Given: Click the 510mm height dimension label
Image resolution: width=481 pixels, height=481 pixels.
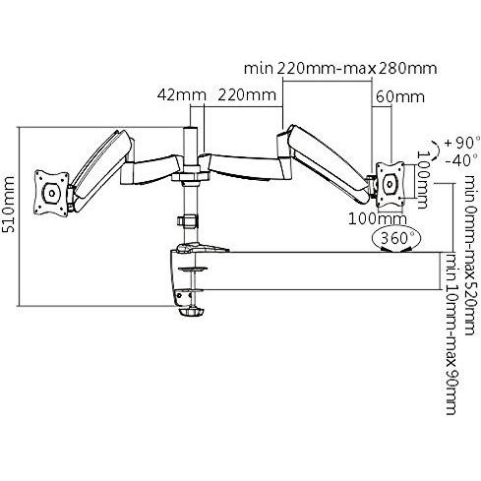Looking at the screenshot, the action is click(x=9, y=205).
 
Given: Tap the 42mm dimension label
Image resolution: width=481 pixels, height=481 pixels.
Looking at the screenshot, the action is click(x=182, y=95).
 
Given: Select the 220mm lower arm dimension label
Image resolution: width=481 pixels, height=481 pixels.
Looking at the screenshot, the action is click(x=247, y=95).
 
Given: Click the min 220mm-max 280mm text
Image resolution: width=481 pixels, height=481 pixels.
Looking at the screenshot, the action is click(x=340, y=69).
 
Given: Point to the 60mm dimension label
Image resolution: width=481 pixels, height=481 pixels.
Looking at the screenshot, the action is click(x=400, y=97).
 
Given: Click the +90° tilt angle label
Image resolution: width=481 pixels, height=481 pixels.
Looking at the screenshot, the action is click(x=462, y=143).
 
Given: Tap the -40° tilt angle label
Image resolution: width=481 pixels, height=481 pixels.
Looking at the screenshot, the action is click(x=461, y=160).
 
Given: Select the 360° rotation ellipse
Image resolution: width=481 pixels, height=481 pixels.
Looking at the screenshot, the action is click(x=396, y=239).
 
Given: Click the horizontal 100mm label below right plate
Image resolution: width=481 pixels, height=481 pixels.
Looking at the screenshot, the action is click(x=378, y=218).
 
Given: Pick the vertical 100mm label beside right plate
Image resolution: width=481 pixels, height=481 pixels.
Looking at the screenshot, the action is click(x=422, y=180).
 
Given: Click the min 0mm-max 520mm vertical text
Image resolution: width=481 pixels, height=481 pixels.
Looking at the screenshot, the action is click(x=470, y=255).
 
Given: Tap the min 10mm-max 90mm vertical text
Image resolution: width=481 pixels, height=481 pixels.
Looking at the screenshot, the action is click(x=451, y=333).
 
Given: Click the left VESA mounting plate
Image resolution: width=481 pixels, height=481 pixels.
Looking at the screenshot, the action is click(x=52, y=193).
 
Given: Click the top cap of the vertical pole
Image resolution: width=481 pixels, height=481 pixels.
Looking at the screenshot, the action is click(x=191, y=128).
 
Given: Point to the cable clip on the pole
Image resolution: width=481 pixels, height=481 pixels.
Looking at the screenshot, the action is click(x=188, y=220).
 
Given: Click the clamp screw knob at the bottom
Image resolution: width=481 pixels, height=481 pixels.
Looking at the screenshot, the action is click(x=191, y=312).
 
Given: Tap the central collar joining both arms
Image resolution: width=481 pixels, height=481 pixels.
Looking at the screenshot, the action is click(x=191, y=176).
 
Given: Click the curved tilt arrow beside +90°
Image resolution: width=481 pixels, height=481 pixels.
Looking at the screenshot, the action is click(x=436, y=150).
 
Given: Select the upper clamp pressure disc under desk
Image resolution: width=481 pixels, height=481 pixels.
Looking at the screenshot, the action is click(x=193, y=270).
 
